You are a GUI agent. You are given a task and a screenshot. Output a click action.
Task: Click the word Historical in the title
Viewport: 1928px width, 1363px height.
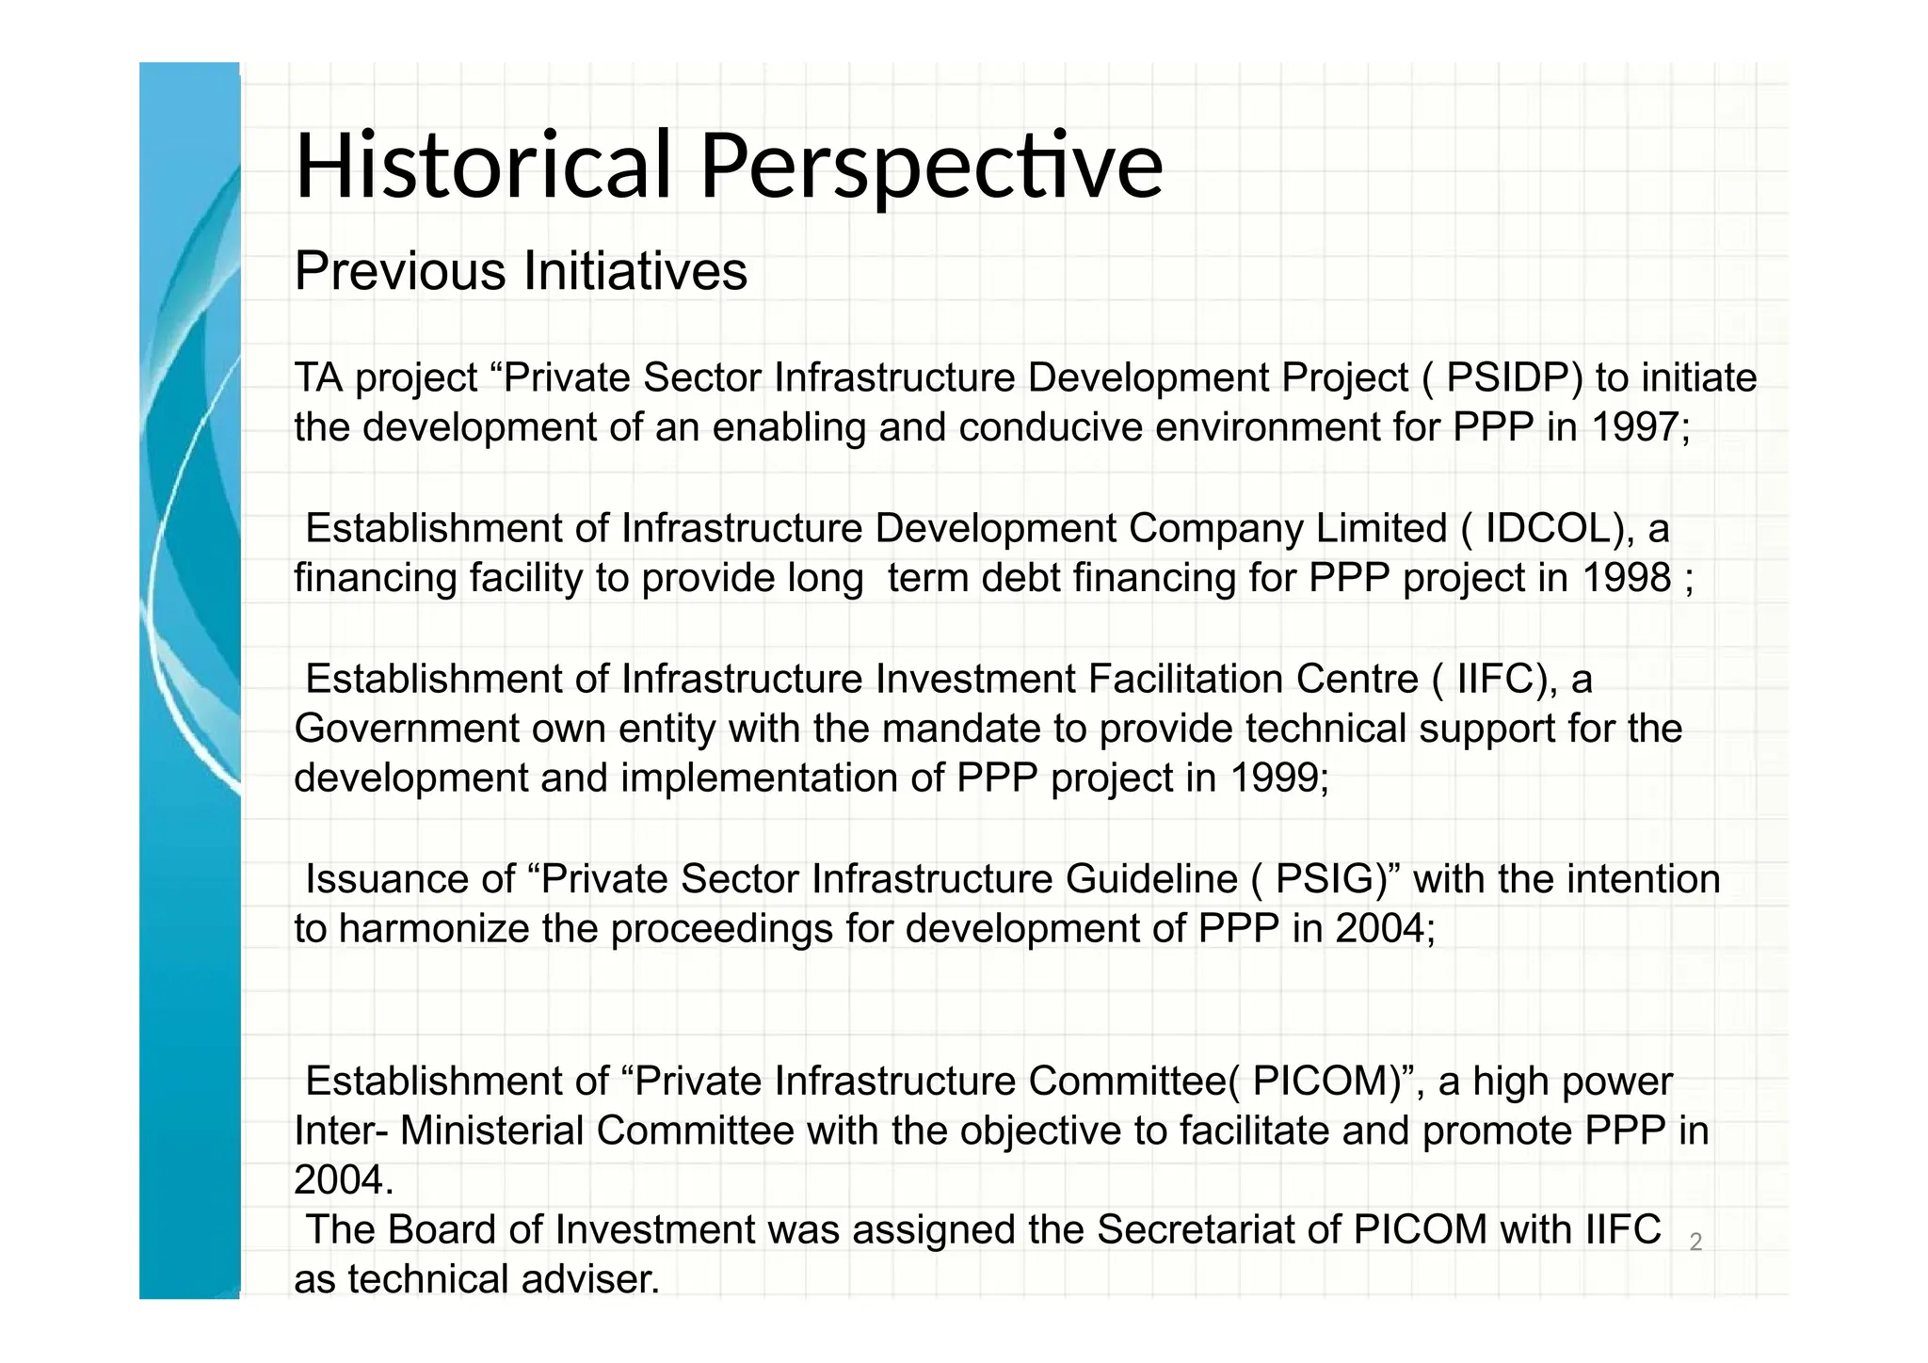(x=483, y=167)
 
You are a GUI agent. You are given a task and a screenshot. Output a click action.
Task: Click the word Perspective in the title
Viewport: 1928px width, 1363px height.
(x=931, y=167)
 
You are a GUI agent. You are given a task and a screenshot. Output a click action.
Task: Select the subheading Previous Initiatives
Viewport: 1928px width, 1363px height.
(x=521, y=271)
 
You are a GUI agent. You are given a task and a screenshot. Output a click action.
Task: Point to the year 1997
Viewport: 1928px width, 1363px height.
(x=1635, y=427)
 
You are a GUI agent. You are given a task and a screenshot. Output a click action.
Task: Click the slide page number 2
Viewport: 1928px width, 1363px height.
(x=1695, y=1243)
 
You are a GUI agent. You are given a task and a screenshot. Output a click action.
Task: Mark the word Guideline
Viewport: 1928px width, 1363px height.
(x=1151, y=879)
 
